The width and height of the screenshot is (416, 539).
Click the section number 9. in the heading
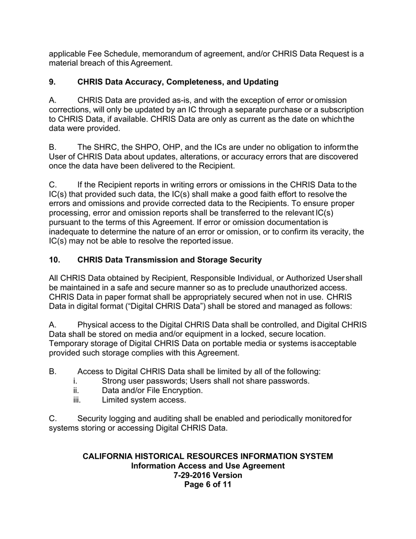[52, 82]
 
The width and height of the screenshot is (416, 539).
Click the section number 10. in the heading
[54, 260]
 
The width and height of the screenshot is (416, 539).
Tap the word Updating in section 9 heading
[262, 82]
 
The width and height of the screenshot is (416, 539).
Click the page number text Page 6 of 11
[208, 484]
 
